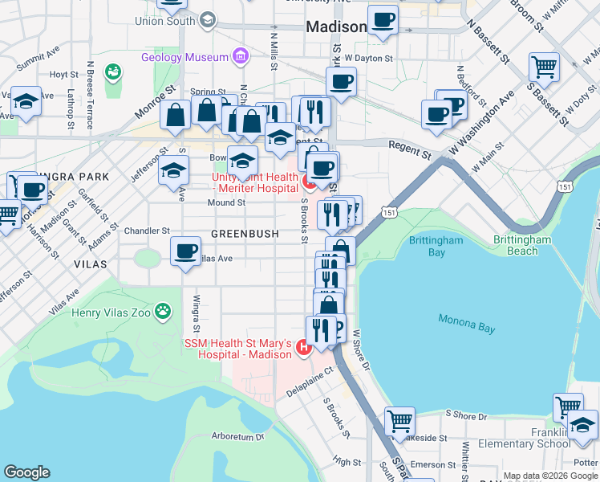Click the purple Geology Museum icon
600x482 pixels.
(x=239, y=57)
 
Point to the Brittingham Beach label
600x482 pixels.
(x=523, y=245)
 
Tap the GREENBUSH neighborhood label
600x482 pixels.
(x=245, y=234)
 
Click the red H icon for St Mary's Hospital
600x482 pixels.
(x=303, y=348)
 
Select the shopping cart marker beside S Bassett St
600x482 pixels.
(x=544, y=67)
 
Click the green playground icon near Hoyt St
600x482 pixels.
(x=112, y=73)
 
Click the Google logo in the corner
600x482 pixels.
(x=26, y=472)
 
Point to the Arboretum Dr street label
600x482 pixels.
(x=237, y=437)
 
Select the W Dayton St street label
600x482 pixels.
(x=369, y=59)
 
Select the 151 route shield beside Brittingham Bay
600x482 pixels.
(x=389, y=213)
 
